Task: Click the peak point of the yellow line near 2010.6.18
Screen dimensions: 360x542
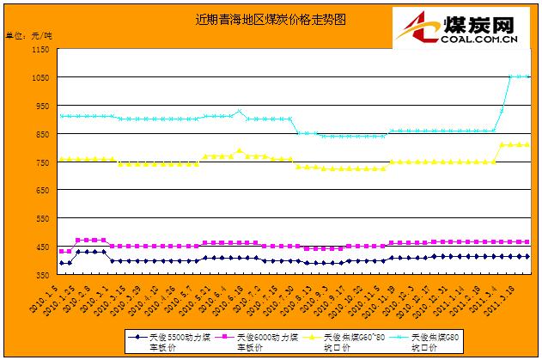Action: pyautogui.click(x=240, y=151)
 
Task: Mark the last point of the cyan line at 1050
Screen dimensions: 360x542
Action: pyautogui.click(x=527, y=76)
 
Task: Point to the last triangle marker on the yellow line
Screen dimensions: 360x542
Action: pyautogui.click(x=527, y=144)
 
